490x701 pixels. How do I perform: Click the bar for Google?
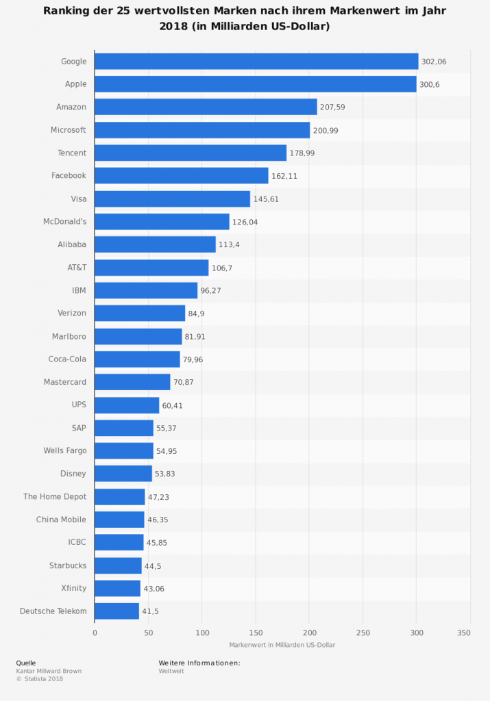point(256,62)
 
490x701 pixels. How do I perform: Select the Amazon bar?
point(206,107)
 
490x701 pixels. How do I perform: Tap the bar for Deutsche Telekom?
point(117,611)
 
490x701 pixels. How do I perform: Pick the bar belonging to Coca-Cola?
point(137,359)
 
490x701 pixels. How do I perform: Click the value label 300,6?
point(432,84)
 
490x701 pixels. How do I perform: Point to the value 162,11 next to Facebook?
point(284,176)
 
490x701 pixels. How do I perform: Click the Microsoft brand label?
point(69,130)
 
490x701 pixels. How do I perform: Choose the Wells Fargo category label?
point(64,451)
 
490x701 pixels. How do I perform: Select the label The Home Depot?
point(55,497)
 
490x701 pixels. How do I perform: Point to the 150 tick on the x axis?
point(256,633)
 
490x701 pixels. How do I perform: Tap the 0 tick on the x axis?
point(95,633)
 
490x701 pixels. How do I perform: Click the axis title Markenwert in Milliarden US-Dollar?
point(282,645)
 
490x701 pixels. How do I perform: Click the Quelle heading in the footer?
point(26,663)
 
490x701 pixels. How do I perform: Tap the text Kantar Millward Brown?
point(49,671)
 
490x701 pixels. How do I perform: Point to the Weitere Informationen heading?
point(199,663)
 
